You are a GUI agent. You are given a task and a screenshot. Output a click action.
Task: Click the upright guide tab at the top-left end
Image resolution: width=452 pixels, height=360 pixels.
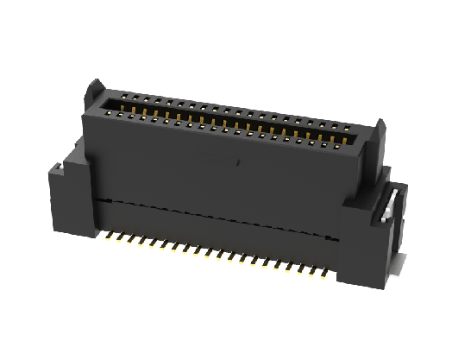(95, 89)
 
